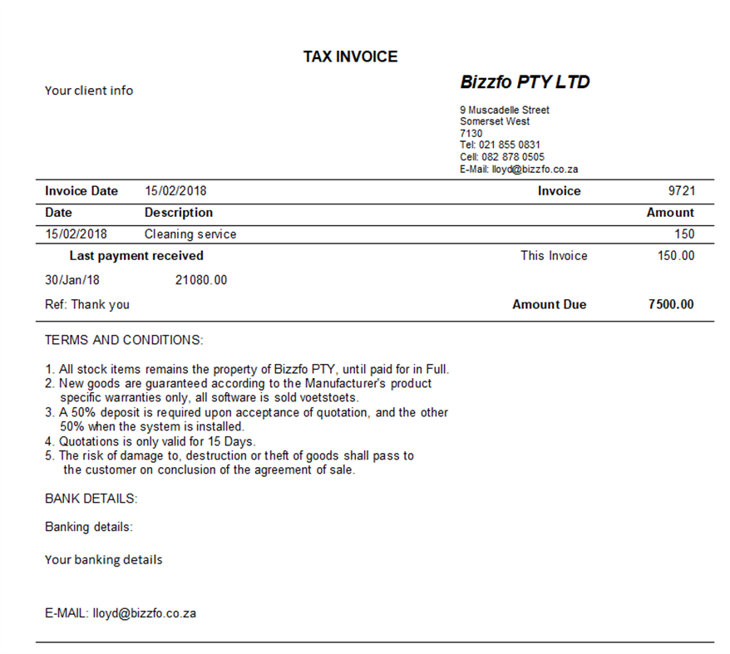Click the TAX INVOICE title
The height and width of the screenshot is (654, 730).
[x=350, y=57]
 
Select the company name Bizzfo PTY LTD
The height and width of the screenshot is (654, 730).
[x=525, y=82]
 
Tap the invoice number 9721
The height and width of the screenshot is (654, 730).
[x=681, y=191]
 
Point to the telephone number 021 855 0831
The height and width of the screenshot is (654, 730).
[x=510, y=145]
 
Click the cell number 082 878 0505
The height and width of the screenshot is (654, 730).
[x=513, y=157]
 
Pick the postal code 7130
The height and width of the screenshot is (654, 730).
[x=471, y=133]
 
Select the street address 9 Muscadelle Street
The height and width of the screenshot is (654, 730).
[x=504, y=110]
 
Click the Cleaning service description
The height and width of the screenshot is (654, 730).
[x=190, y=234]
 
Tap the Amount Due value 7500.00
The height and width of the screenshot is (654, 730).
[x=670, y=304]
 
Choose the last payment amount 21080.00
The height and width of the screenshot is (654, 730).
[x=201, y=280]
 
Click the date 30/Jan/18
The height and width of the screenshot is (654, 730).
[x=72, y=280]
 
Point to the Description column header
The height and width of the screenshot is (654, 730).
[x=179, y=213]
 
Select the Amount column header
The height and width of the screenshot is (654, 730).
[x=669, y=213]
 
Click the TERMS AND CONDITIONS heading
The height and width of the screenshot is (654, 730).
[x=124, y=340]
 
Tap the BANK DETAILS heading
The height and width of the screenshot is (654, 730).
[x=91, y=499]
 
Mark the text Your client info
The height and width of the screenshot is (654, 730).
[x=89, y=91]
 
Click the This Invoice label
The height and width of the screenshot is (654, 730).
[x=554, y=256]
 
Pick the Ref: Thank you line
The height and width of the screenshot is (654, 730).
[x=87, y=304]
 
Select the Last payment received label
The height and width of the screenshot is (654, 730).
[x=136, y=256]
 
